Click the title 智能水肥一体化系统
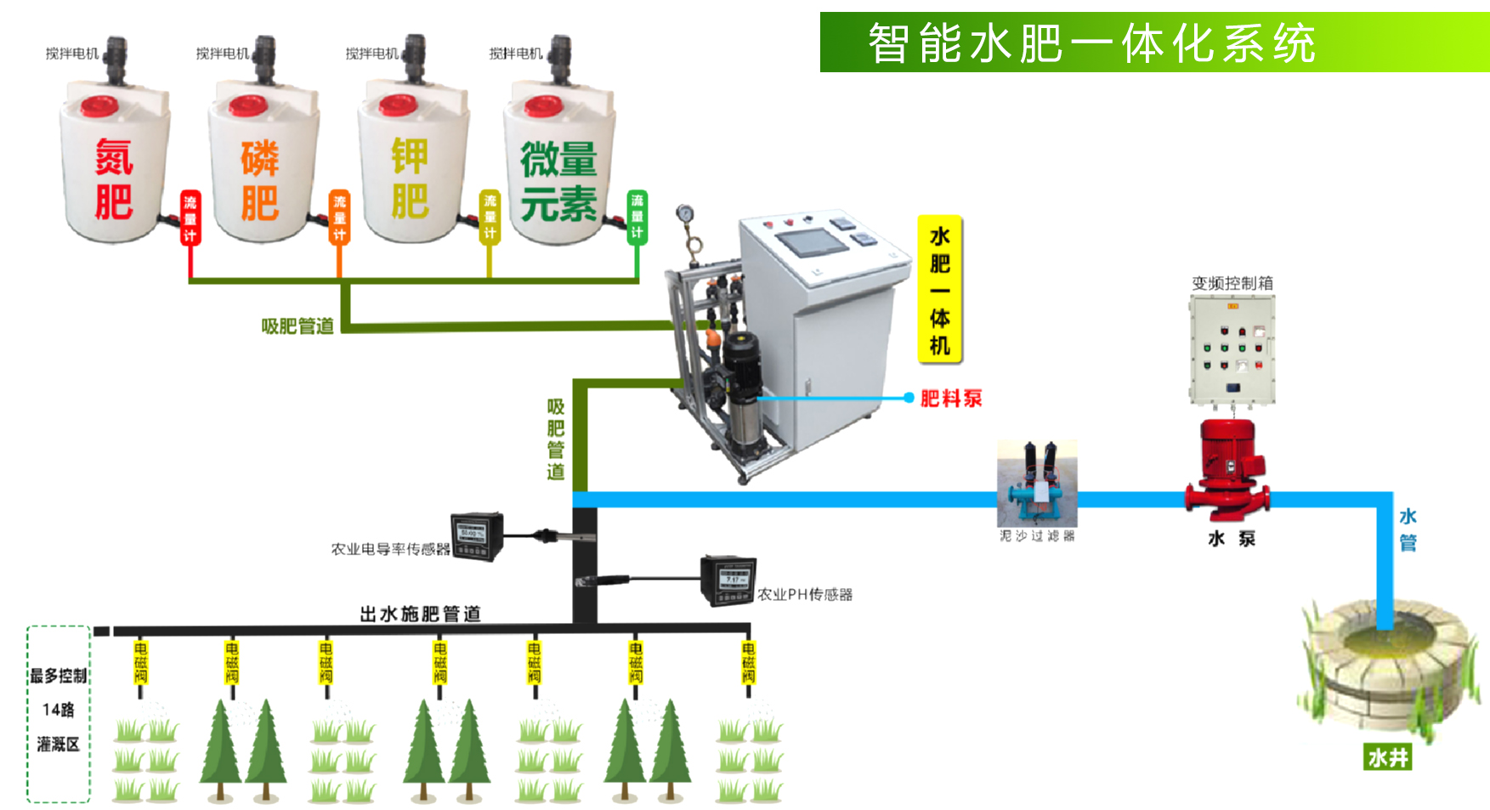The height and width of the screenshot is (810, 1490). (x=1091, y=42)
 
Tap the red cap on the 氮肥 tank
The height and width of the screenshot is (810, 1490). (x=99, y=106)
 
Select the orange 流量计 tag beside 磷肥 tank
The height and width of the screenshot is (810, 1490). (x=339, y=218)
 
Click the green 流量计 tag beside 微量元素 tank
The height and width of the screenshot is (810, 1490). (x=637, y=217)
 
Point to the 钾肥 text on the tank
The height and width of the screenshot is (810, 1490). (x=410, y=179)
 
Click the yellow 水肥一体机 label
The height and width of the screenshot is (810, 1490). (x=939, y=290)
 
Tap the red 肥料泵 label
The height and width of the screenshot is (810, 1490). (x=951, y=398)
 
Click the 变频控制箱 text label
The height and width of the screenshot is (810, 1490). (x=1232, y=283)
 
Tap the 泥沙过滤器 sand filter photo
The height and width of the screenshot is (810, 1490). (x=1037, y=484)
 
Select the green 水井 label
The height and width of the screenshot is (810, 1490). (x=1387, y=757)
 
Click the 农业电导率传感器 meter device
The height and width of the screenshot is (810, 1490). (x=477, y=536)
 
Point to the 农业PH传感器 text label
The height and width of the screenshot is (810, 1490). (x=804, y=594)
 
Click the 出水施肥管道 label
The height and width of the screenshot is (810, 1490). (x=420, y=614)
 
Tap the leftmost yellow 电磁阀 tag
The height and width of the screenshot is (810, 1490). (x=141, y=663)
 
